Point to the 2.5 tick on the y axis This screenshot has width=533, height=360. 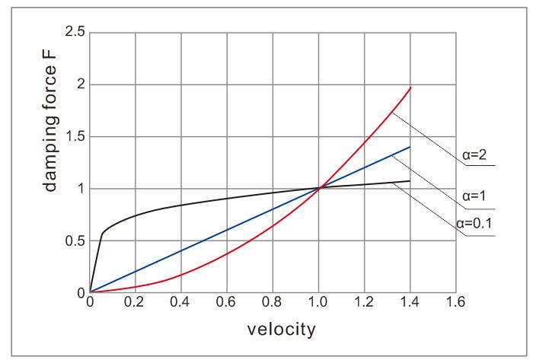coord(75,33)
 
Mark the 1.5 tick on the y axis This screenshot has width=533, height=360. coord(75,137)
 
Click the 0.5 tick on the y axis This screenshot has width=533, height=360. coord(75,241)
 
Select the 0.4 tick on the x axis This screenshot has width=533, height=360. coord(181,303)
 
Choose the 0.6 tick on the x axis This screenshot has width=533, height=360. coord(227,303)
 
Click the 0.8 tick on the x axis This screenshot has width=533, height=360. coord(273,303)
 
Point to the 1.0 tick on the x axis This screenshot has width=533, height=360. coord(319,303)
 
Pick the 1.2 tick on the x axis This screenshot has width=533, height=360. coord(365,303)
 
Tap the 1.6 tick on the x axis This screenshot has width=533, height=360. coord(456,303)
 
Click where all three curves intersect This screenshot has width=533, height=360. coord(319,188)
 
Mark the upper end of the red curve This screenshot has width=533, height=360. coord(410,88)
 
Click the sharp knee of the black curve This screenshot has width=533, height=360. coord(102,234)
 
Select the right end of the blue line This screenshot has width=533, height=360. coord(410,147)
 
